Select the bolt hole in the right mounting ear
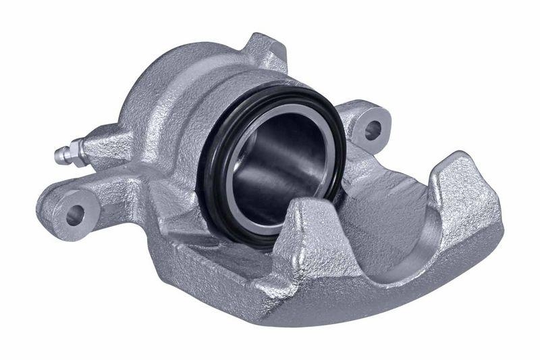[372, 130]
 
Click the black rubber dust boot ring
[215, 203]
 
